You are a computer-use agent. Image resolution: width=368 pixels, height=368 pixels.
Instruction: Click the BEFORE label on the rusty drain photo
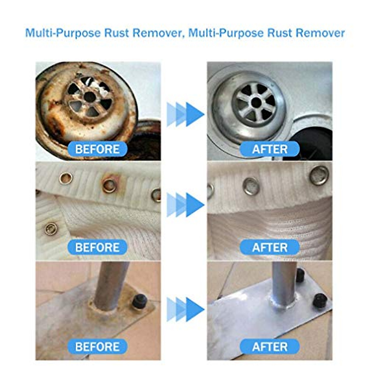point(97,149)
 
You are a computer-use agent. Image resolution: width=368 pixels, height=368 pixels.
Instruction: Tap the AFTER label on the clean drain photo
point(270,149)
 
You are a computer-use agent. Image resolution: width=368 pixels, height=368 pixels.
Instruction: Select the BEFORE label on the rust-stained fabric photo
point(97,247)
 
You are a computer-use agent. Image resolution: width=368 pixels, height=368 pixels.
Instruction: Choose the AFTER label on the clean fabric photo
point(270,247)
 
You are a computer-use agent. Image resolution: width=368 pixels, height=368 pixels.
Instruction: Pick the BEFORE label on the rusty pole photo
point(97,347)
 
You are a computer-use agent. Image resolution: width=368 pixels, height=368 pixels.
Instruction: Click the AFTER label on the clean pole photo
point(270,347)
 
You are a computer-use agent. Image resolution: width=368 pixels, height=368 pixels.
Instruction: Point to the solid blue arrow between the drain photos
point(194,114)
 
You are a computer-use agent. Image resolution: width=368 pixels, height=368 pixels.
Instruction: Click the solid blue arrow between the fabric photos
point(194,205)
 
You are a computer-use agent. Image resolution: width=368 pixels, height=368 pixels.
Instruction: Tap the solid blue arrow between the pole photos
point(194,310)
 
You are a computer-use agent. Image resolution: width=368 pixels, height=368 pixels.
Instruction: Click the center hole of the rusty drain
point(90,97)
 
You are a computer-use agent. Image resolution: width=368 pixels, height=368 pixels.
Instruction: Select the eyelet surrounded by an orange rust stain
point(109,185)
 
